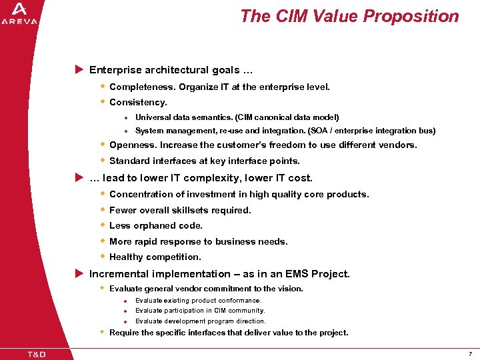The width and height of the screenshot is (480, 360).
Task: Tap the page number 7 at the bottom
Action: (x=469, y=353)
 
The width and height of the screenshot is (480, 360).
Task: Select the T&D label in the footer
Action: (x=37, y=353)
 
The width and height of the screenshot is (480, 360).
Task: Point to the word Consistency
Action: (x=137, y=102)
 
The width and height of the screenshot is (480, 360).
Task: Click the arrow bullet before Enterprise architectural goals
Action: (x=79, y=70)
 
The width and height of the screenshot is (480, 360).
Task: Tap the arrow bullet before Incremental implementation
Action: (x=79, y=273)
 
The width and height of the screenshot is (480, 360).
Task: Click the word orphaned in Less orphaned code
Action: (x=153, y=225)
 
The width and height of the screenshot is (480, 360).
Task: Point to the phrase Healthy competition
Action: (x=155, y=257)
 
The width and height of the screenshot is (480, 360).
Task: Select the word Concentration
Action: (x=141, y=194)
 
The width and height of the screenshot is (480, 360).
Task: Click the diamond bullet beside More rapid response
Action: (x=103, y=241)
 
